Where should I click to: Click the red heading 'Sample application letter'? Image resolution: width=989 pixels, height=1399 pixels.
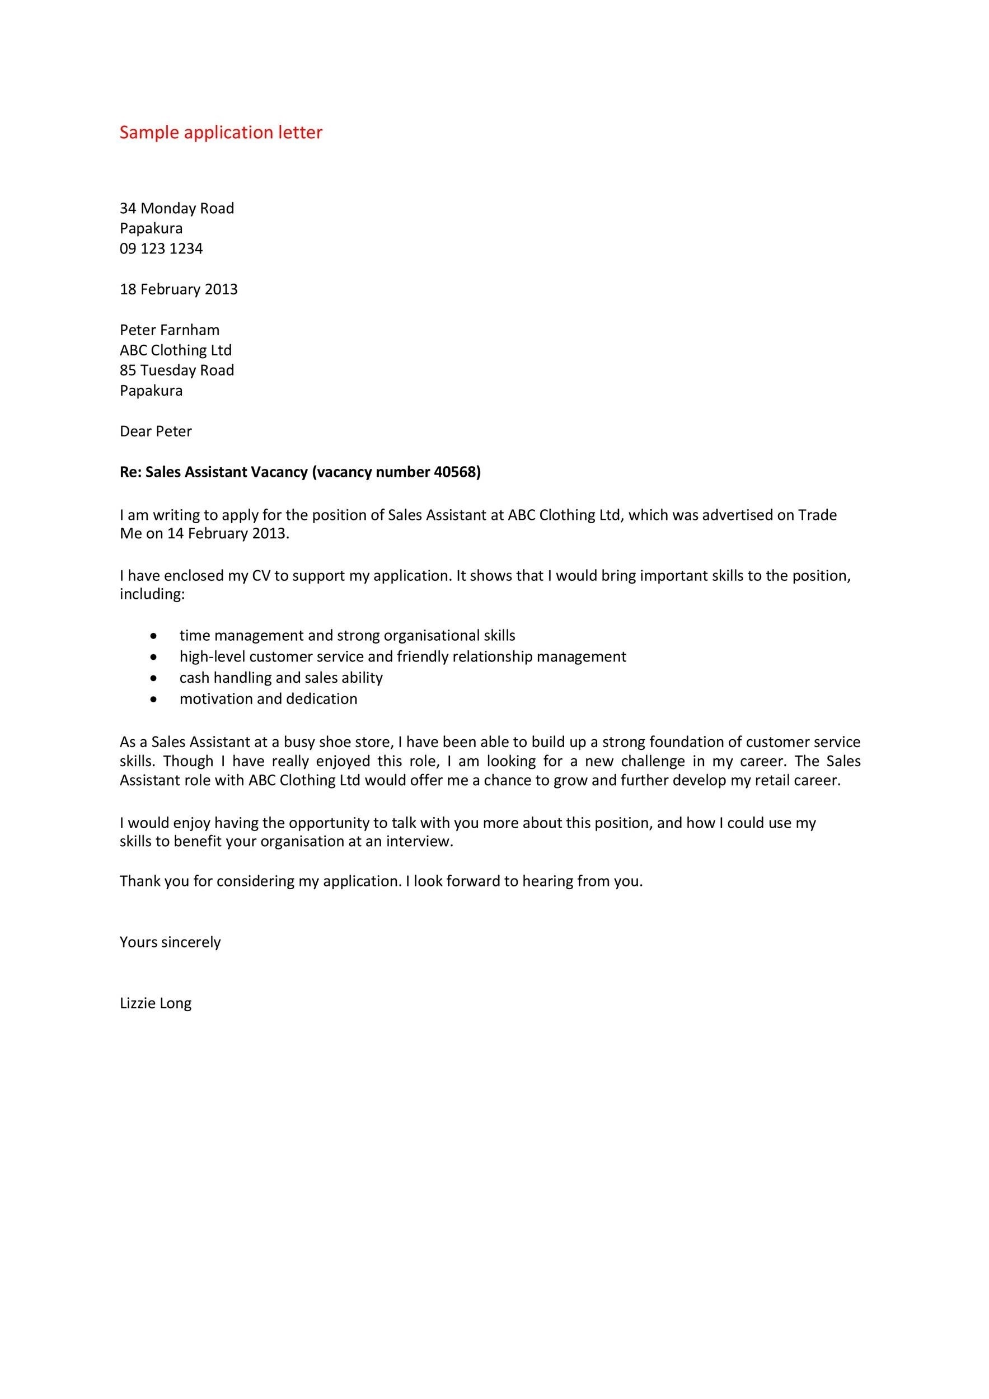click(221, 132)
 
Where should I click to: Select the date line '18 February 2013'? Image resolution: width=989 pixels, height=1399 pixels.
click(179, 289)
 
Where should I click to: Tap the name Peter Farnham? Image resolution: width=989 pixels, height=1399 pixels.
click(170, 330)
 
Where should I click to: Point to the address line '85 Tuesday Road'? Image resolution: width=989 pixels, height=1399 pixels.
click(177, 370)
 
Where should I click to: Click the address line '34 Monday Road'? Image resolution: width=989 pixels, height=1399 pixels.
click(177, 208)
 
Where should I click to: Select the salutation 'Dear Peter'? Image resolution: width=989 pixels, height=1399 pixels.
click(156, 431)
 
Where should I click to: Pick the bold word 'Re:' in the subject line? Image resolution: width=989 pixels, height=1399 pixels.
click(130, 472)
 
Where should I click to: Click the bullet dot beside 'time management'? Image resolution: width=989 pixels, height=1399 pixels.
click(153, 636)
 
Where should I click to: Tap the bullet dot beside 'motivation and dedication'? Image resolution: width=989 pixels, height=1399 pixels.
click(153, 699)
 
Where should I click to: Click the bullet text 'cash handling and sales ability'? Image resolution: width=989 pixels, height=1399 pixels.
click(281, 678)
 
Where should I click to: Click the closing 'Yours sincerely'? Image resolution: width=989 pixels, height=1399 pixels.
click(170, 942)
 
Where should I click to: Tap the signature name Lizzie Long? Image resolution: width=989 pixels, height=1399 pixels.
click(156, 1003)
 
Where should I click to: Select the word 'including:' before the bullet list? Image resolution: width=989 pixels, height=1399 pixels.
click(152, 594)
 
